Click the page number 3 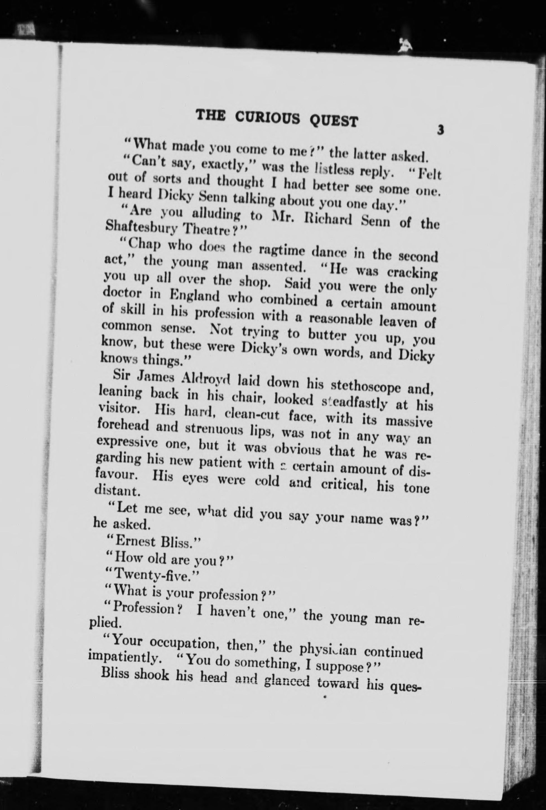point(441,130)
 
